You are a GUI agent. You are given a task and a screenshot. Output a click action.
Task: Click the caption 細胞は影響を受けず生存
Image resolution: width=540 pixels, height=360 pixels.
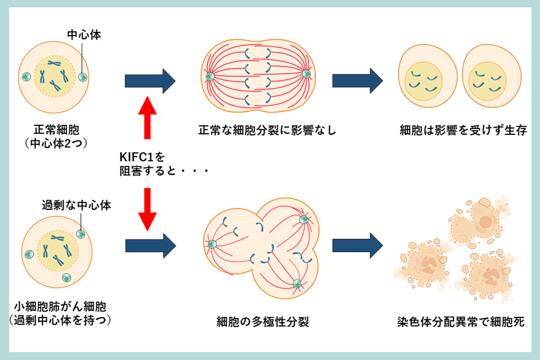click(463, 130)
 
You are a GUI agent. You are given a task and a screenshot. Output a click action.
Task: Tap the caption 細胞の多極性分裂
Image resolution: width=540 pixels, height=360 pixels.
click(263, 322)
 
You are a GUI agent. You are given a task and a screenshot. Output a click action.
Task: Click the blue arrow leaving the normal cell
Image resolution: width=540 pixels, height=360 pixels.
click(149, 80)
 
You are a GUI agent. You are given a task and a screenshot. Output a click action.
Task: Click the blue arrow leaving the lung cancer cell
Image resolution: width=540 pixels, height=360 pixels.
click(149, 245)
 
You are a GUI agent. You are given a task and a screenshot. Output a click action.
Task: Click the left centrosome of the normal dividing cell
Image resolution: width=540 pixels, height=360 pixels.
click(210, 76)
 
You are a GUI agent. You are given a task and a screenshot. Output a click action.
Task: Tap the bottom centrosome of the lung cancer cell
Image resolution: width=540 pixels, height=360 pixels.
click(66, 278)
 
